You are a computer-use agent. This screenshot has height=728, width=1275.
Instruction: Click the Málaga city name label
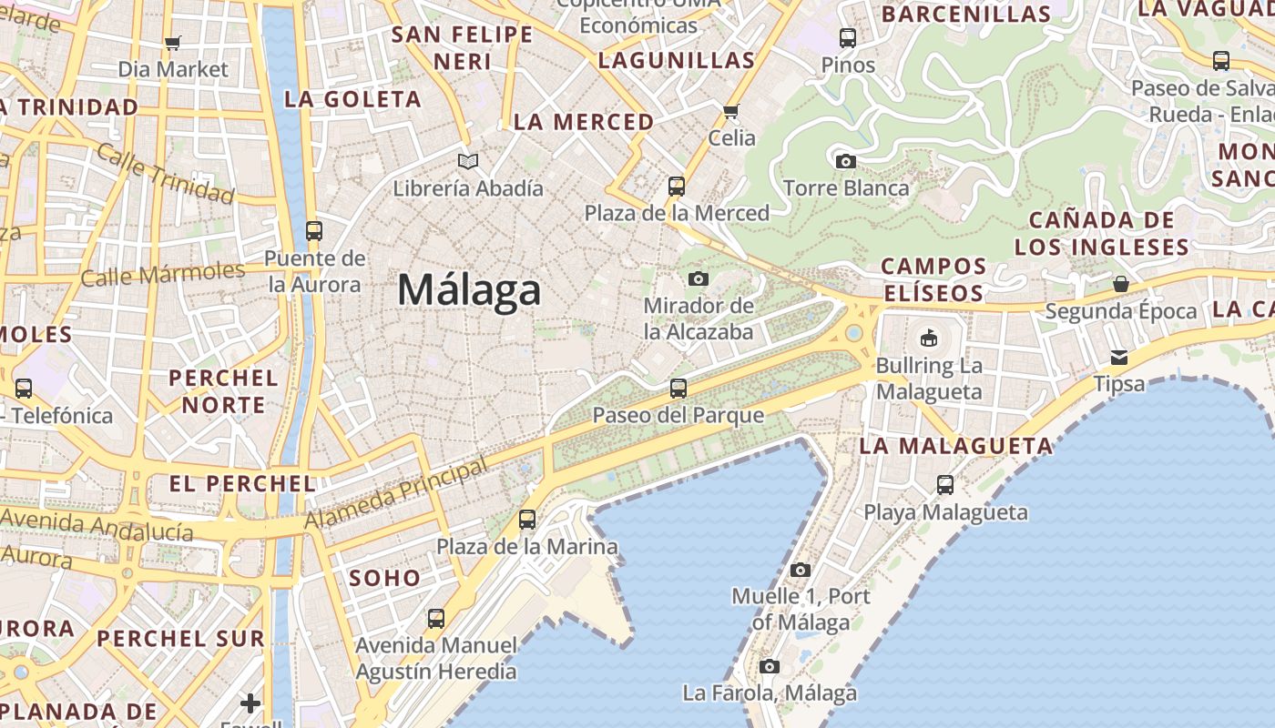click(x=469, y=290)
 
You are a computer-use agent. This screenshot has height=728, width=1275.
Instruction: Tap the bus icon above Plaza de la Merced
click(x=676, y=187)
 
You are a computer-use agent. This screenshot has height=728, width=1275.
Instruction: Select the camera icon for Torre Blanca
click(x=845, y=162)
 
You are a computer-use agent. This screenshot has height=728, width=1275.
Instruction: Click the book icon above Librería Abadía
click(x=468, y=162)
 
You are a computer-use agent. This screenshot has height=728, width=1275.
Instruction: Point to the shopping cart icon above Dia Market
click(x=173, y=43)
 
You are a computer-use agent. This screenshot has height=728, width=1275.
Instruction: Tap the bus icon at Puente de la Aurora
click(x=314, y=231)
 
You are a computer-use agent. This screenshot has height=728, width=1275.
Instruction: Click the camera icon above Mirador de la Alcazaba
click(x=699, y=278)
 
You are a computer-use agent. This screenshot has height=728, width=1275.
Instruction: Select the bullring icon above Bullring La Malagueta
click(x=928, y=339)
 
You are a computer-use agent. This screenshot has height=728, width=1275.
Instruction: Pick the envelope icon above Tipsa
click(x=1118, y=358)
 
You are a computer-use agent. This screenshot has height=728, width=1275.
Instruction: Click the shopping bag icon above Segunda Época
click(x=1120, y=285)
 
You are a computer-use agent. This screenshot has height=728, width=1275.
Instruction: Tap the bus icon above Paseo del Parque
click(x=678, y=389)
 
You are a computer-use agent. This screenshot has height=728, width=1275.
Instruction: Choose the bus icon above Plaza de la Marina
click(x=526, y=520)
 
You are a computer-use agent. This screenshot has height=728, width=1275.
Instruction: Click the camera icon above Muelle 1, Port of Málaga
click(x=801, y=571)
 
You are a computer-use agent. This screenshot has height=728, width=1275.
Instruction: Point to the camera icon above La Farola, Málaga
click(x=770, y=667)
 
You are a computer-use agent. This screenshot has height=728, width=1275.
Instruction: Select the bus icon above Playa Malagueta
click(x=945, y=485)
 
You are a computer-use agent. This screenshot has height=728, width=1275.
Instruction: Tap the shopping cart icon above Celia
click(x=730, y=112)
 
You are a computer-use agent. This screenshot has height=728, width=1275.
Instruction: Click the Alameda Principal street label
click(x=395, y=496)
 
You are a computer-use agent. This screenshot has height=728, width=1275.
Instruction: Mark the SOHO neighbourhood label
click(x=385, y=578)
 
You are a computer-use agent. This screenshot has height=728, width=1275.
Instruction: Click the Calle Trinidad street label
click(x=165, y=173)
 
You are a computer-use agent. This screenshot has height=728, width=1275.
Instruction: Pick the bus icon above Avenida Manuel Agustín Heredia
click(x=436, y=619)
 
